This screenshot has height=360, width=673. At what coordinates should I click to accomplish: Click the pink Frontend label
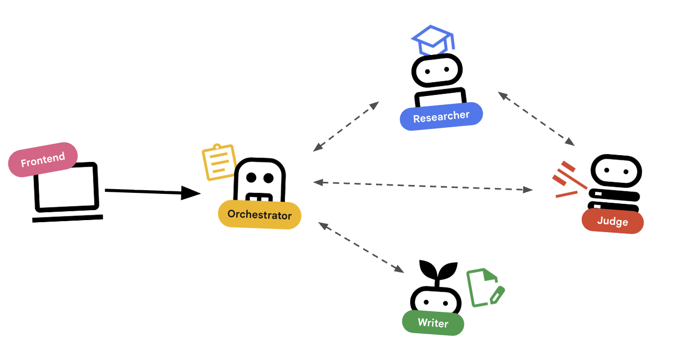(43, 159)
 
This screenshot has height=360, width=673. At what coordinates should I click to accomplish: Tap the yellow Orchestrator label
(259, 214)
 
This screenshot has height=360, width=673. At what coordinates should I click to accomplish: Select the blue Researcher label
(441, 116)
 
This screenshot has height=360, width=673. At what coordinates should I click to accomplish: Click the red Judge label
(612, 221)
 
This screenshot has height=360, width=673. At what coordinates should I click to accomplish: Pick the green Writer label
(433, 322)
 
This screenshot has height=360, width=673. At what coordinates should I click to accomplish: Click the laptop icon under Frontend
(67, 191)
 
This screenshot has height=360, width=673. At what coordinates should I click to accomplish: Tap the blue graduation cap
(433, 40)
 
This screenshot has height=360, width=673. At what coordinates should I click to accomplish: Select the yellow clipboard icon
(218, 162)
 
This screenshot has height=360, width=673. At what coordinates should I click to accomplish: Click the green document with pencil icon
(484, 287)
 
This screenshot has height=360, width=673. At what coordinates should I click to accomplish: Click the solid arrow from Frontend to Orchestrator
(152, 192)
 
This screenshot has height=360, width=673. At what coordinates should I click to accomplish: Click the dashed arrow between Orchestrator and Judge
(423, 186)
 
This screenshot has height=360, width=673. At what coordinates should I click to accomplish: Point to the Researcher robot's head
(436, 70)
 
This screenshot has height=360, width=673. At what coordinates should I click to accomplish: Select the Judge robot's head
(616, 172)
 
